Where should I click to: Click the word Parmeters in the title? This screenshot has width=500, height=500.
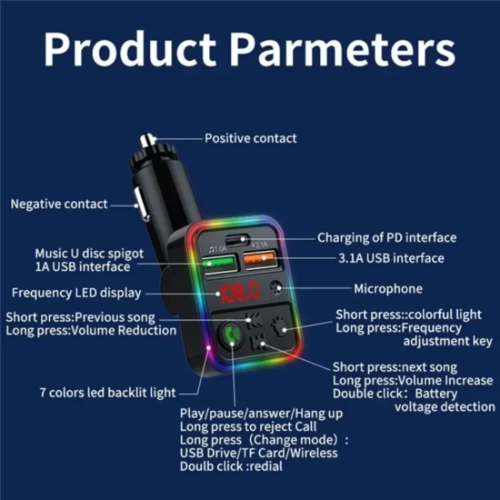click(343, 49)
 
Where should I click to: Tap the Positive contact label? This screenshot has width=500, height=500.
click(251, 139)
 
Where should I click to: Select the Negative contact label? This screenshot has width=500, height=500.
click(59, 204)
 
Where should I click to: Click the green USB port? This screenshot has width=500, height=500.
click(219, 263)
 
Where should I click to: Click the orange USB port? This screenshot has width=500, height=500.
click(259, 259)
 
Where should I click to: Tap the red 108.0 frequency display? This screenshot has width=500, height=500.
click(239, 291)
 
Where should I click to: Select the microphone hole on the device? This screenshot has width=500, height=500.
click(276, 287)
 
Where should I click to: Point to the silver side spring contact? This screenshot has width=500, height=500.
click(141, 204)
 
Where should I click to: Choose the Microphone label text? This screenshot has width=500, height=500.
click(388, 289)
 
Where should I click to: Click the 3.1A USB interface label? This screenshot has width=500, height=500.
click(391, 258)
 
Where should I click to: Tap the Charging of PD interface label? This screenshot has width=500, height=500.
click(387, 238)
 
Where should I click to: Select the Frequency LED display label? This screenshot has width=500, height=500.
click(77, 293)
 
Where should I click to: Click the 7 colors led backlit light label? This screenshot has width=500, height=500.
click(108, 393)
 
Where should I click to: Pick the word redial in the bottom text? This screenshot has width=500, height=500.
click(266, 467)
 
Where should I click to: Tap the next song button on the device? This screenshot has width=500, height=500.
click(257, 342)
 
